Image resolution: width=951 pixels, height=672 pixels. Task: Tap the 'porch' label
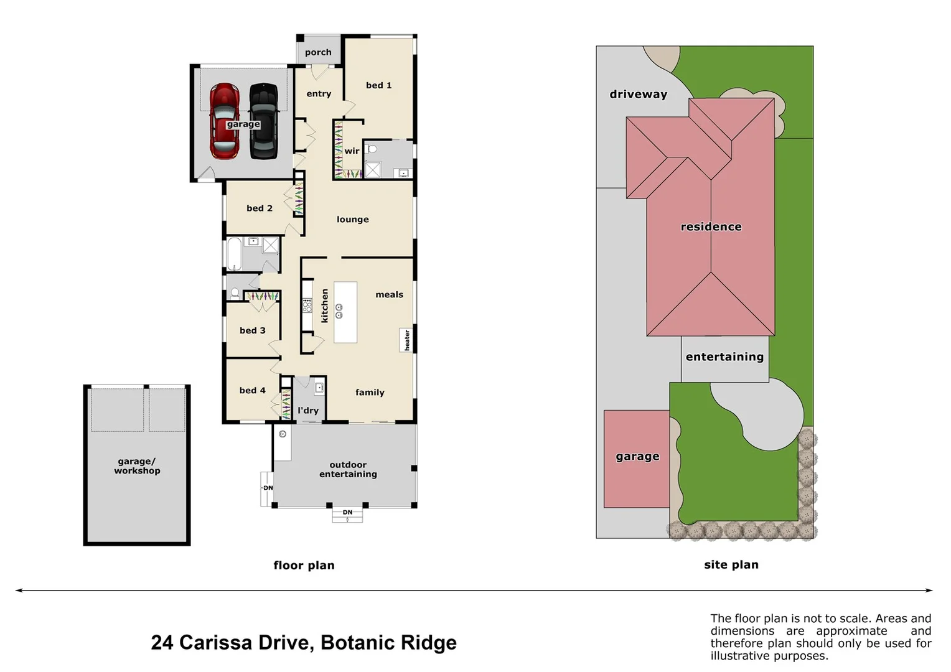coord(318,53)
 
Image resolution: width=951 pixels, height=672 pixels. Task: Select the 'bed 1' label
coord(378,85)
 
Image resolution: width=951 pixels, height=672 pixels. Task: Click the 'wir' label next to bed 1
coord(352,151)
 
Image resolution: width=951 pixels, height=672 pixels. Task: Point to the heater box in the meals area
coord(407,340)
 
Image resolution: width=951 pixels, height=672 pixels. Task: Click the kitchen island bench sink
coord(339,311)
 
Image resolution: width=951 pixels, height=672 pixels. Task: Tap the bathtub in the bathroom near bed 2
coord(234,254)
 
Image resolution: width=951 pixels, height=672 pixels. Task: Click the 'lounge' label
coord(352,220)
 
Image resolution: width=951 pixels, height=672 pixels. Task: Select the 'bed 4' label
coord(252,391)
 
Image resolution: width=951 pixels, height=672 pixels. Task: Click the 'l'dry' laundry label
coord(308,411)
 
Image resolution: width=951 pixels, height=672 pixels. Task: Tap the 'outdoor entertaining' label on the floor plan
coord(348,470)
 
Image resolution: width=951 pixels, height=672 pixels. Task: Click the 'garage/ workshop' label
coord(137,466)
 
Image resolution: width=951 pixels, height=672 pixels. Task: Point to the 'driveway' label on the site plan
coord(638,95)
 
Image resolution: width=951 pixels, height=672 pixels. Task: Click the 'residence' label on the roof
coord(711,227)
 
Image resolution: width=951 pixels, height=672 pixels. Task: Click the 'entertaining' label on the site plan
coord(724,357)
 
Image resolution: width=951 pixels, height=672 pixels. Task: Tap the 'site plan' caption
coord(731,565)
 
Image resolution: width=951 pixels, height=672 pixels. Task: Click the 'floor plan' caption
coord(304,566)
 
